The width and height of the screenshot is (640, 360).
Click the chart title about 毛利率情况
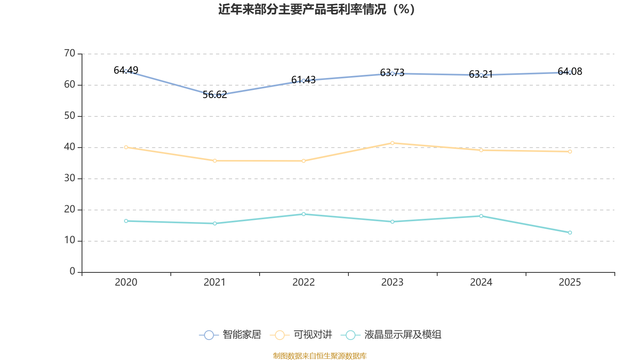tap(316, 9)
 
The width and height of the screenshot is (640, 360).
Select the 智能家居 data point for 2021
tap(215, 96)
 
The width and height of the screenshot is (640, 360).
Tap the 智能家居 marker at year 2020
tap(126, 71)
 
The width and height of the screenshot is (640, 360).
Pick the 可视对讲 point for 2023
tap(392, 143)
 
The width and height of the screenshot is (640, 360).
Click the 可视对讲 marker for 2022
tap(304, 161)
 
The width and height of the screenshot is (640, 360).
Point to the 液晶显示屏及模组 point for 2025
tap(570, 232)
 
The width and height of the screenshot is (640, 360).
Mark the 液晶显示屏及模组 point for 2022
tap(304, 214)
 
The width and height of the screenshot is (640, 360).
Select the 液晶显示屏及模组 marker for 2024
tap(481, 216)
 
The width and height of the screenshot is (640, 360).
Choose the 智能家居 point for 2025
tap(570, 72)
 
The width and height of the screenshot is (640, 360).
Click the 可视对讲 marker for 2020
tap(126, 147)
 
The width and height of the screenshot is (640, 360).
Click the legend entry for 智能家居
tap(230, 335)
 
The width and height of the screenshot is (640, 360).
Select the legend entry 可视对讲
tap(302, 335)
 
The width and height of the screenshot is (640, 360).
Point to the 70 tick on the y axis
tap(70, 54)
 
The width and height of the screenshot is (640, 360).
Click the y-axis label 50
tap(70, 116)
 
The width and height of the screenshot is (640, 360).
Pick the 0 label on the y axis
tap(72, 272)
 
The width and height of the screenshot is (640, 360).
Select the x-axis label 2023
tap(392, 282)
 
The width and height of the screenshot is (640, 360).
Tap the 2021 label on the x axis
tap(215, 282)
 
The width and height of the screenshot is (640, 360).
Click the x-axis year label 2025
tap(570, 282)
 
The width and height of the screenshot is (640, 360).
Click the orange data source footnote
tap(320, 356)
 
